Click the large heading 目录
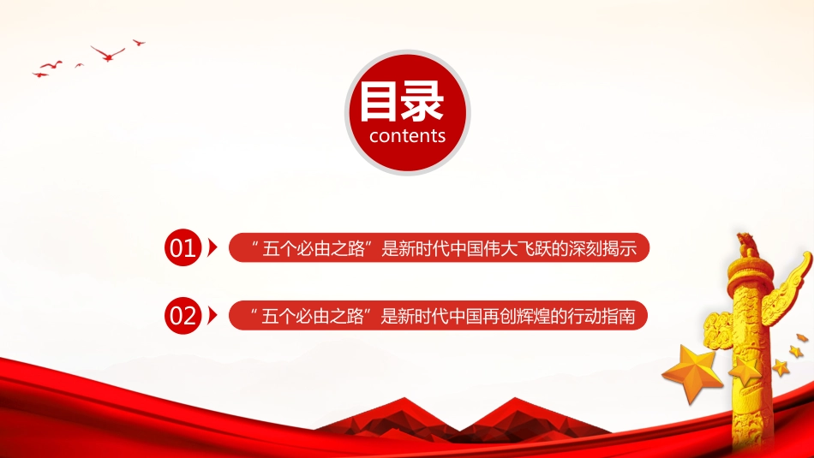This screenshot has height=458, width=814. (x=401, y=103)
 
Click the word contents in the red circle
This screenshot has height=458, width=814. (x=407, y=136)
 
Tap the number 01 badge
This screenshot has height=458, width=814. (x=183, y=248)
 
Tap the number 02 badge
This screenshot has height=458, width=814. (x=183, y=317)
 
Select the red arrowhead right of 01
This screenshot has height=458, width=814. (x=212, y=248)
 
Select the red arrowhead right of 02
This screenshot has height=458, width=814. (x=212, y=317)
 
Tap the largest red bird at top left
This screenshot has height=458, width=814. (x=108, y=53)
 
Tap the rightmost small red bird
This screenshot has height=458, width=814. (x=138, y=41)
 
